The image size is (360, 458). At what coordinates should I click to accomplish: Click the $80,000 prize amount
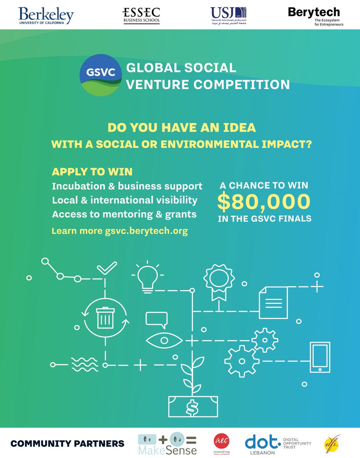(x=263, y=203)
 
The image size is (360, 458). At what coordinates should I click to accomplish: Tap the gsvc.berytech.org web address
(x=146, y=231)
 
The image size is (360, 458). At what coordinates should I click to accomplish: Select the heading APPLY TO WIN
(x=92, y=172)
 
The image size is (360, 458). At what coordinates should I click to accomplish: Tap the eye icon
(x=160, y=339)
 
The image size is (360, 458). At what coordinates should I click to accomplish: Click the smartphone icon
(x=320, y=359)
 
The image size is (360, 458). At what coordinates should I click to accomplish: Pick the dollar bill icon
(x=193, y=406)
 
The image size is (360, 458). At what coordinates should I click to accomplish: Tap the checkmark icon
(x=106, y=268)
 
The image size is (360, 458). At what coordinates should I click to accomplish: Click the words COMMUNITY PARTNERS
(x=67, y=443)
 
